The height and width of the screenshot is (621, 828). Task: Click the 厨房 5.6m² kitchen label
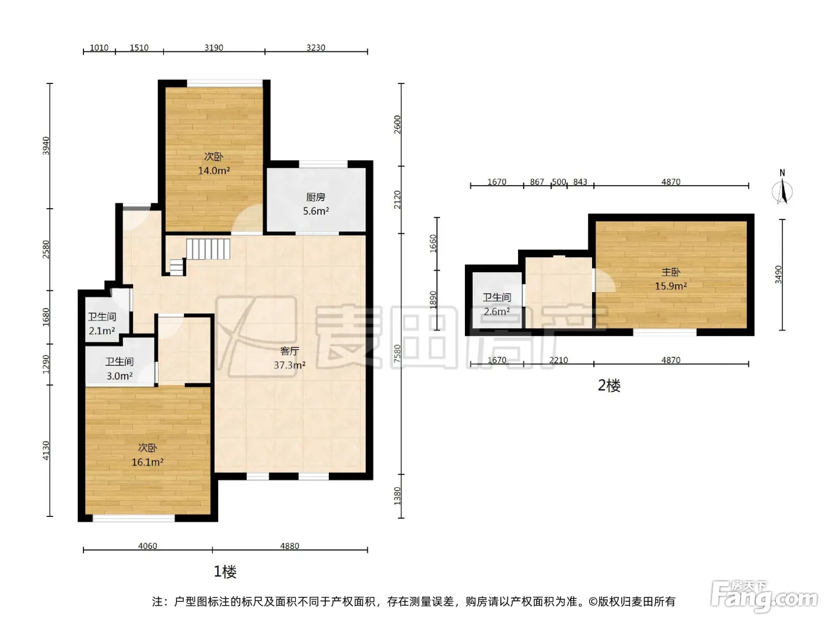click(316, 204)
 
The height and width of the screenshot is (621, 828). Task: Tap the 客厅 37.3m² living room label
click(289, 358)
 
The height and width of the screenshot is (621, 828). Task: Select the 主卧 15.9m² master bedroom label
click(671, 279)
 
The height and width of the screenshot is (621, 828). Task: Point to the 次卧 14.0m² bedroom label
click(214, 163)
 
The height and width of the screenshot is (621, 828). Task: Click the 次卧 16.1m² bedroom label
click(147, 455)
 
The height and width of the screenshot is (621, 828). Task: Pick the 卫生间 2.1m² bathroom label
click(102, 324)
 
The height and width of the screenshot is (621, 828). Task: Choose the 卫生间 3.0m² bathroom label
click(119, 368)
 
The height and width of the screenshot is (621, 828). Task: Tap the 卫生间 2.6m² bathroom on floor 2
click(497, 304)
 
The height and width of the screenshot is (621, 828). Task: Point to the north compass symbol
click(782, 189)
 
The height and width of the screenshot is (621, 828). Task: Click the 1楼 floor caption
click(225, 572)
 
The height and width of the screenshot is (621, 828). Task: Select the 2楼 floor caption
click(609, 386)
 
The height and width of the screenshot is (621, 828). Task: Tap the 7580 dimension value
click(397, 354)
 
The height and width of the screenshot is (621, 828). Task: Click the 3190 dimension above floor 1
click(214, 47)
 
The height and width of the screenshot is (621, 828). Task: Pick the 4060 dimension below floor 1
click(147, 546)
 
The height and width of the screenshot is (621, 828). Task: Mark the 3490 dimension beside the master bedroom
click(778, 274)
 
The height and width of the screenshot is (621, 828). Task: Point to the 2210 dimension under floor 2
click(558, 360)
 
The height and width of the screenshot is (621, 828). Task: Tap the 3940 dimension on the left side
click(46, 145)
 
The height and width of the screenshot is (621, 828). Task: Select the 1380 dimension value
click(397, 496)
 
